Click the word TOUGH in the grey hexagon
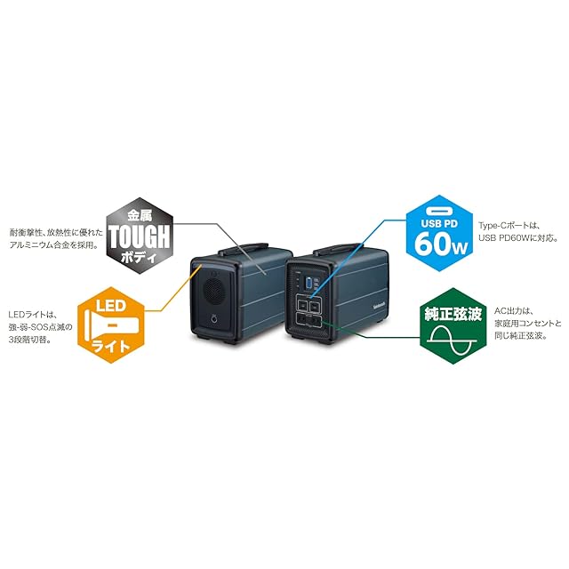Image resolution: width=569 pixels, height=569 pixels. click(x=141, y=236)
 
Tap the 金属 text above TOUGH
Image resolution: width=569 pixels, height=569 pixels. click(x=141, y=215)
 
